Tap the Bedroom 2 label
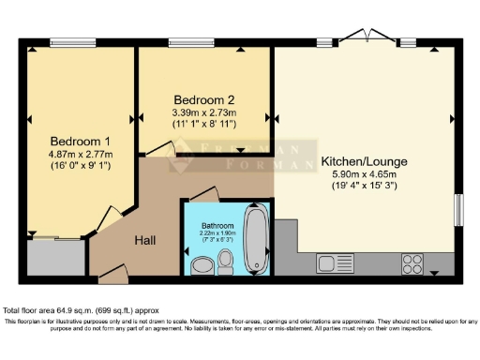click(x=203, y=99)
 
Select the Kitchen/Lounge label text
click(x=359, y=161)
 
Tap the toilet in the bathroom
click(x=226, y=259)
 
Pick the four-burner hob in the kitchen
click(x=413, y=261)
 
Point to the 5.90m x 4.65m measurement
click(x=359, y=174)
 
